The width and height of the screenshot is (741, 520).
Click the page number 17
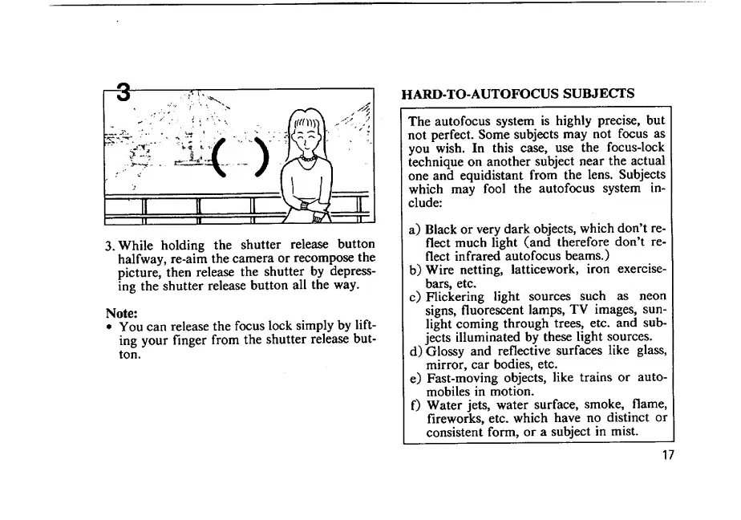(668, 456)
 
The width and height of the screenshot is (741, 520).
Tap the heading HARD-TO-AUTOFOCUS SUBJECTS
(517, 93)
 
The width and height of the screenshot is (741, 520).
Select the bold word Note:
(122, 312)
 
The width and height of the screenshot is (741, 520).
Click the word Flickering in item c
(456, 296)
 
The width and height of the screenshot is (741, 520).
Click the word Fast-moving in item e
(460, 377)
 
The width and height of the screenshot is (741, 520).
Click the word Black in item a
(442, 229)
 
